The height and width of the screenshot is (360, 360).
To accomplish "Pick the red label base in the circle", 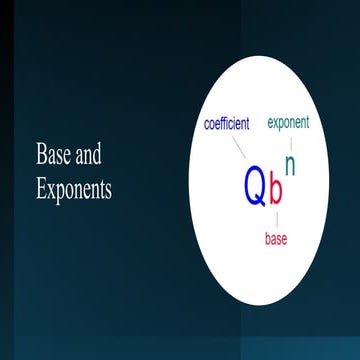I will point(277,239).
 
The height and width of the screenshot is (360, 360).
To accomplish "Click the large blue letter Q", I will point(256,186).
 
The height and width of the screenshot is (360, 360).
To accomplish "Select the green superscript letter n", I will point(290,162).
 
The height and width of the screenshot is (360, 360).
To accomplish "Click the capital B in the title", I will point(41,156).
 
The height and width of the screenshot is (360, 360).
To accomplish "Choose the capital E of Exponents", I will point(41,189).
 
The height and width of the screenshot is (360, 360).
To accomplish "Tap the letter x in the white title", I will point(50,190).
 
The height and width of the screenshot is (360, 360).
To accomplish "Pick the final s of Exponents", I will point(107,190).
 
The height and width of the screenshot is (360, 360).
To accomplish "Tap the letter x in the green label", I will point(277,124).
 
